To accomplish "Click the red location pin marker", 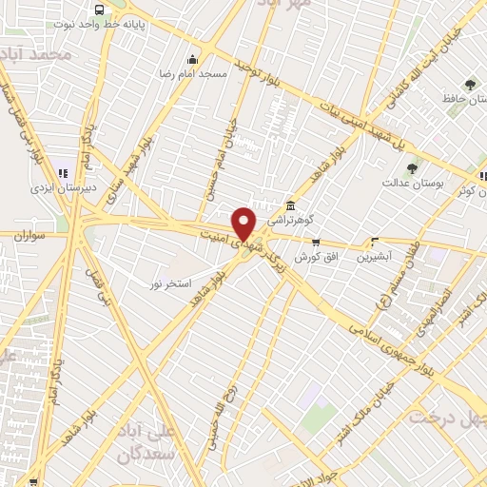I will click(244, 224).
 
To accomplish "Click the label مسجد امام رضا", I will click(193, 72).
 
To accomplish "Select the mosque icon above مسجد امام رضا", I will click(193, 59).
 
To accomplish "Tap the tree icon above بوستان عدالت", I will click(412, 168).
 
